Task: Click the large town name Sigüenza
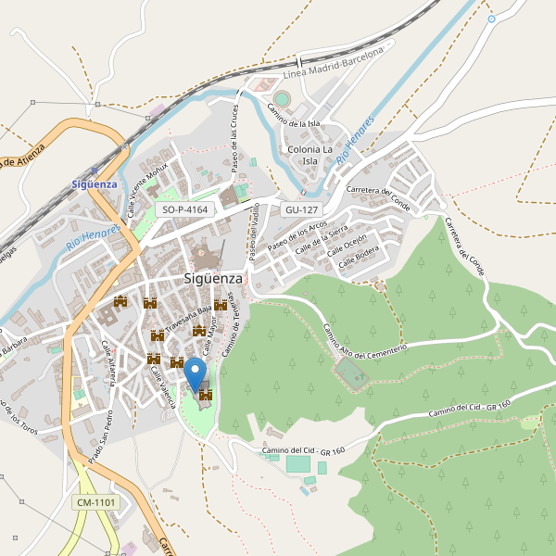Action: pyautogui.click(x=213, y=278)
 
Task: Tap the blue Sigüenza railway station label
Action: pyautogui.click(x=95, y=183)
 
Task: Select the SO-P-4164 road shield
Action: pyautogui.click(x=184, y=210)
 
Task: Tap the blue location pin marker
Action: pyautogui.click(x=195, y=376)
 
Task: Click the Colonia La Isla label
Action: pyautogui.click(x=310, y=155)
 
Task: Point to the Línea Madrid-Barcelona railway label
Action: pyautogui.click(x=333, y=64)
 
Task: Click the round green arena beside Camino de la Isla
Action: pyautogui.click(x=282, y=98)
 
